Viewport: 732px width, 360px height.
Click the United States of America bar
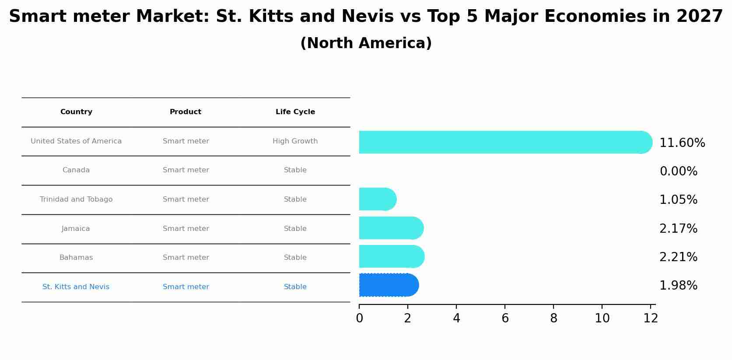click(x=503, y=142)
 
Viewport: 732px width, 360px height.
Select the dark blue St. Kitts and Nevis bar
click(x=388, y=285)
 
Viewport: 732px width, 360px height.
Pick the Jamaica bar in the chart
click(x=390, y=228)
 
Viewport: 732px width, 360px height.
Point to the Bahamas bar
click(x=391, y=257)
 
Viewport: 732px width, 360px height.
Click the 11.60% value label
click(x=682, y=143)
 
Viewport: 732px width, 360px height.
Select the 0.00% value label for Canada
click(x=678, y=171)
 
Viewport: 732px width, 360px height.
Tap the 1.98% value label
click(x=678, y=286)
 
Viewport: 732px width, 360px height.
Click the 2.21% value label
click(x=678, y=257)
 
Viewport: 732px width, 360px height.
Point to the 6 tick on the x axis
click(x=505, y=318)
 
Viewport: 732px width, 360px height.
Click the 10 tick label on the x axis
click(x=602, y=318)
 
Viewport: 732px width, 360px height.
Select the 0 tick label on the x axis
click(x=359, y=318)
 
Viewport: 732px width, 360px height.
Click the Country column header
click(x=76, y=112)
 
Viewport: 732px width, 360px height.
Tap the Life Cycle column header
click(x=295, y=112)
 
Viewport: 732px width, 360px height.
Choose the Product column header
click(x=186, y=112)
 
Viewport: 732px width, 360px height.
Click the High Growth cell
click(x=295, y=141)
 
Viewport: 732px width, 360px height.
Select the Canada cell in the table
click(x=76, y=170)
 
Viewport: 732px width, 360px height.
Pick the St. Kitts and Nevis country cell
click(x=76, y=287)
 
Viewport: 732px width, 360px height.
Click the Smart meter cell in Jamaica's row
click(x=186, y=229)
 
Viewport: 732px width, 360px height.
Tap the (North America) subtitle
click(x=366, y=43)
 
